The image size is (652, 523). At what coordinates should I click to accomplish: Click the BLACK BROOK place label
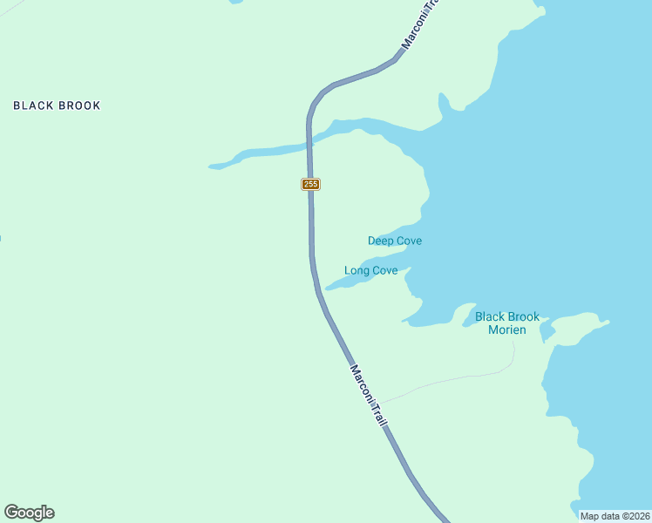click(x=57, y=105)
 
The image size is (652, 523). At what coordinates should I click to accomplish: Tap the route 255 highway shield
click(x=310, y=184)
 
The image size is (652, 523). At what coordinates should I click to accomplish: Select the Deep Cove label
click(x=395, y=241)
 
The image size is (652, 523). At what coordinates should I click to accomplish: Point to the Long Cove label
click(x=371, y=270)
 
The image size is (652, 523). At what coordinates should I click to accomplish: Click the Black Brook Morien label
click(x=507, y=323)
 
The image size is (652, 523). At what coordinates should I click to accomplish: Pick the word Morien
click(x=507, y=330)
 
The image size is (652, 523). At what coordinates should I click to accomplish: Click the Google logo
click(x=29, y=513)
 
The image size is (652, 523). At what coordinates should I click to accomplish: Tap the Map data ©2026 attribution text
click(x=615, y=516)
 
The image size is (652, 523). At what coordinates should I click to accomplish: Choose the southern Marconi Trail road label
click(x=369, y=395)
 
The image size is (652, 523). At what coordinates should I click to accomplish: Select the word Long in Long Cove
click(x=357, y=270)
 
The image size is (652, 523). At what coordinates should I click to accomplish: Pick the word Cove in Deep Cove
click(x=409, y=241)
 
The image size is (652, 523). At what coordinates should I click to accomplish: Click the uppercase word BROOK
click(x=79, y=105)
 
